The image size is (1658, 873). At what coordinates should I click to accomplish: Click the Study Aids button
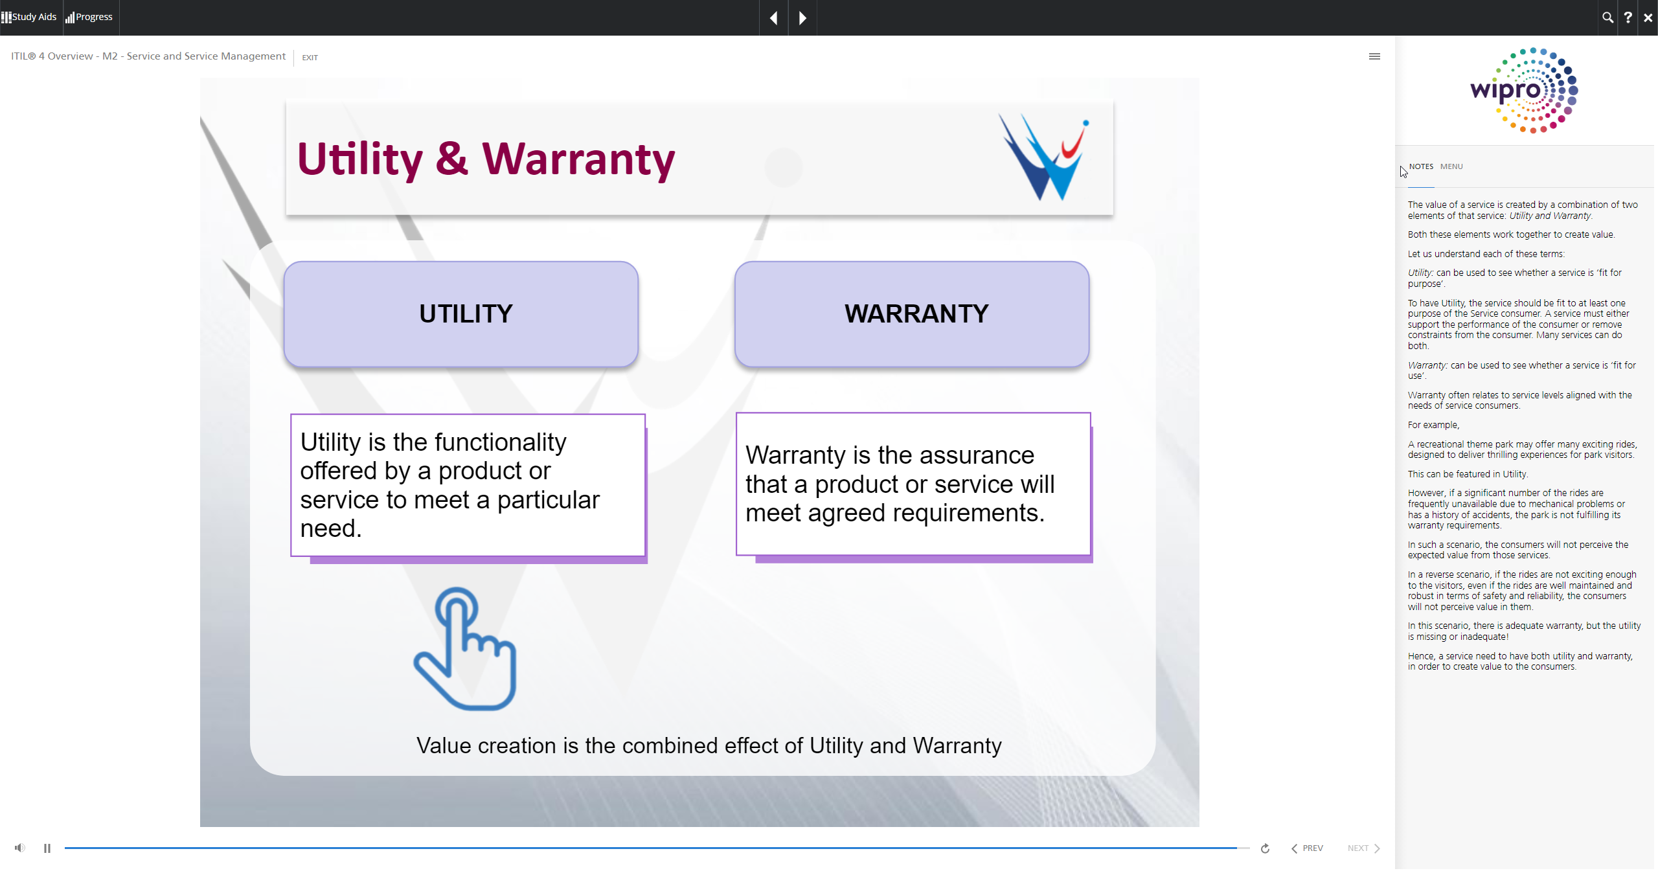tap(29, 17)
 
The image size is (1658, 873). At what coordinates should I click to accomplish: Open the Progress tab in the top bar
tap(89, 17)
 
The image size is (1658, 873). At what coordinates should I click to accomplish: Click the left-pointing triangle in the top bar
tap(773, 18)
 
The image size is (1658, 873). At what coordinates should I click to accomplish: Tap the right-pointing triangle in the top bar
tap(802, 18)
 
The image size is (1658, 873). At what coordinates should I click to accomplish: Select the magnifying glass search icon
tap(1607, 17)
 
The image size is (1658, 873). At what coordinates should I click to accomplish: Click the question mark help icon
tap(1628, 17)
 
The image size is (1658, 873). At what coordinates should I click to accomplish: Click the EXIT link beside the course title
tap(310, 58)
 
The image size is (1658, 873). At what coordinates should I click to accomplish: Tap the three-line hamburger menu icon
tap(1374, 56)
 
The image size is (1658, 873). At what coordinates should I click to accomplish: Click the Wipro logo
tap(1524, 90)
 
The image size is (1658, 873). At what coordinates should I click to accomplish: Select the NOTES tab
tap(1421, 166)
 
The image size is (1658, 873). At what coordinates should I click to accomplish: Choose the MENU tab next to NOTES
tap(1451, 166)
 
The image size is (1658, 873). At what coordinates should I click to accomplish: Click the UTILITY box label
tap(466, 313)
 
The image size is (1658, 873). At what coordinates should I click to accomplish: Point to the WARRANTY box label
tap(916, 313)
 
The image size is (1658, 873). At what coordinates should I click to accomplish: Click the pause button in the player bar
tap(47, 848)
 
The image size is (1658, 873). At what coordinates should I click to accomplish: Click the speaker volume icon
tap(20, 848)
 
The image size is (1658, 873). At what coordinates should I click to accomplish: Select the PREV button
tap(1307, 848)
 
